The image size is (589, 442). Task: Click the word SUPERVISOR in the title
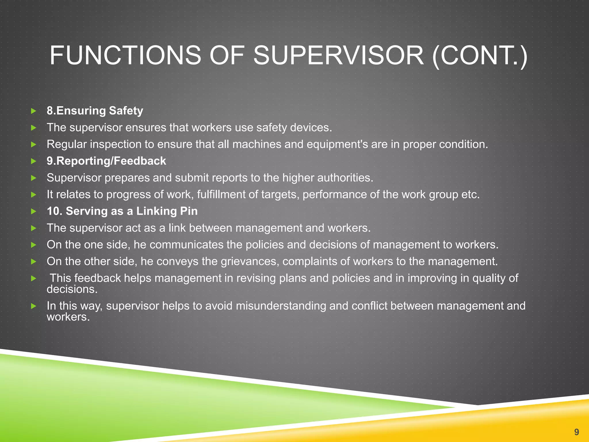click(x=338, y=55)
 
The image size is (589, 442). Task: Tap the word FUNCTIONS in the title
click(x=125, y=55)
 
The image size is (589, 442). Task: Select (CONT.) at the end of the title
click(x=480, y=55)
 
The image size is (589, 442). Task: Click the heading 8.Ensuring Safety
click(x=95, y=111)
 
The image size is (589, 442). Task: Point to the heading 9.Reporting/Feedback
click(x=106, y=161)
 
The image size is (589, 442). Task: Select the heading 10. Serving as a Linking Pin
click(x=122, y=211)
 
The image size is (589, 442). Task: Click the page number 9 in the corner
click(x=576, y=432)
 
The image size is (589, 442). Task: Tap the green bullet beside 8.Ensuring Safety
click(x=34, y=111)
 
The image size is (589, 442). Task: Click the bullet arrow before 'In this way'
click(x=34, y=306)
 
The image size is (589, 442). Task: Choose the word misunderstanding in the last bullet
click(x=281, y=306)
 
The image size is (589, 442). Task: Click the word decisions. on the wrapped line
click(x=72, y=289)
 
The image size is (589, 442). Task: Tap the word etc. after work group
click(x=471, y=195)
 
